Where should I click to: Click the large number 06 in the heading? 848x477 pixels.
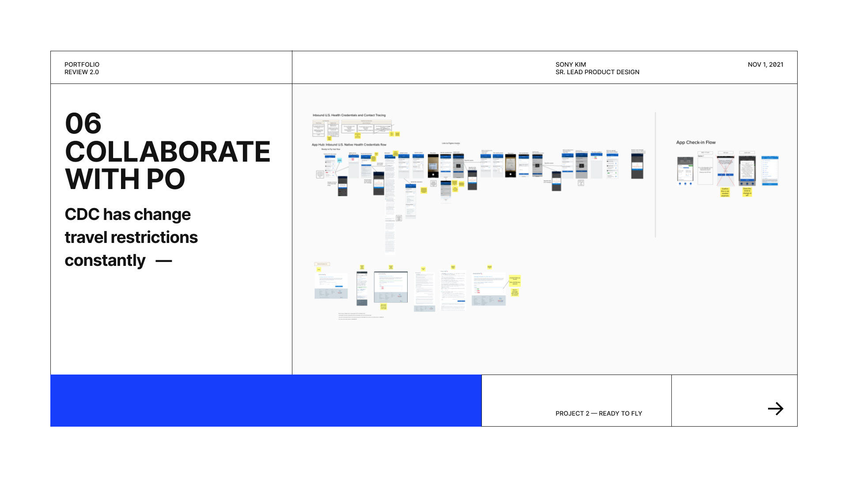point(83,124)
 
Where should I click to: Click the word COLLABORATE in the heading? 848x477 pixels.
point(167,152)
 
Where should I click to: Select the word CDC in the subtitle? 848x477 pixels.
point(82,215)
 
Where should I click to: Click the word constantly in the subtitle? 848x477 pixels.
point(105,261)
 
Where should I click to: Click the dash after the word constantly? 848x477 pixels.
point(163,261)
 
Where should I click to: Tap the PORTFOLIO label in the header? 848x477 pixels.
point(82,64)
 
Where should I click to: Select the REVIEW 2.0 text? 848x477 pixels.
point(82,72)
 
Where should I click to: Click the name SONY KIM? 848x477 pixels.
point(571,64)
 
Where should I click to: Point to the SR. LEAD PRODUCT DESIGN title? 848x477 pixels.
point(597,72)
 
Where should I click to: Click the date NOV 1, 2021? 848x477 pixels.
point(765,64)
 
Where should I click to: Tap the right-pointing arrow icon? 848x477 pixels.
point(776,409)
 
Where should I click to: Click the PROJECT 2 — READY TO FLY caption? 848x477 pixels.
point(598,413)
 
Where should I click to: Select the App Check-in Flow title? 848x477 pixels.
point(696,142)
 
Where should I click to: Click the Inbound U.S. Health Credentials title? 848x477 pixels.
point(349,115)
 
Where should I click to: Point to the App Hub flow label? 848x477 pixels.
point(349,144)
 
